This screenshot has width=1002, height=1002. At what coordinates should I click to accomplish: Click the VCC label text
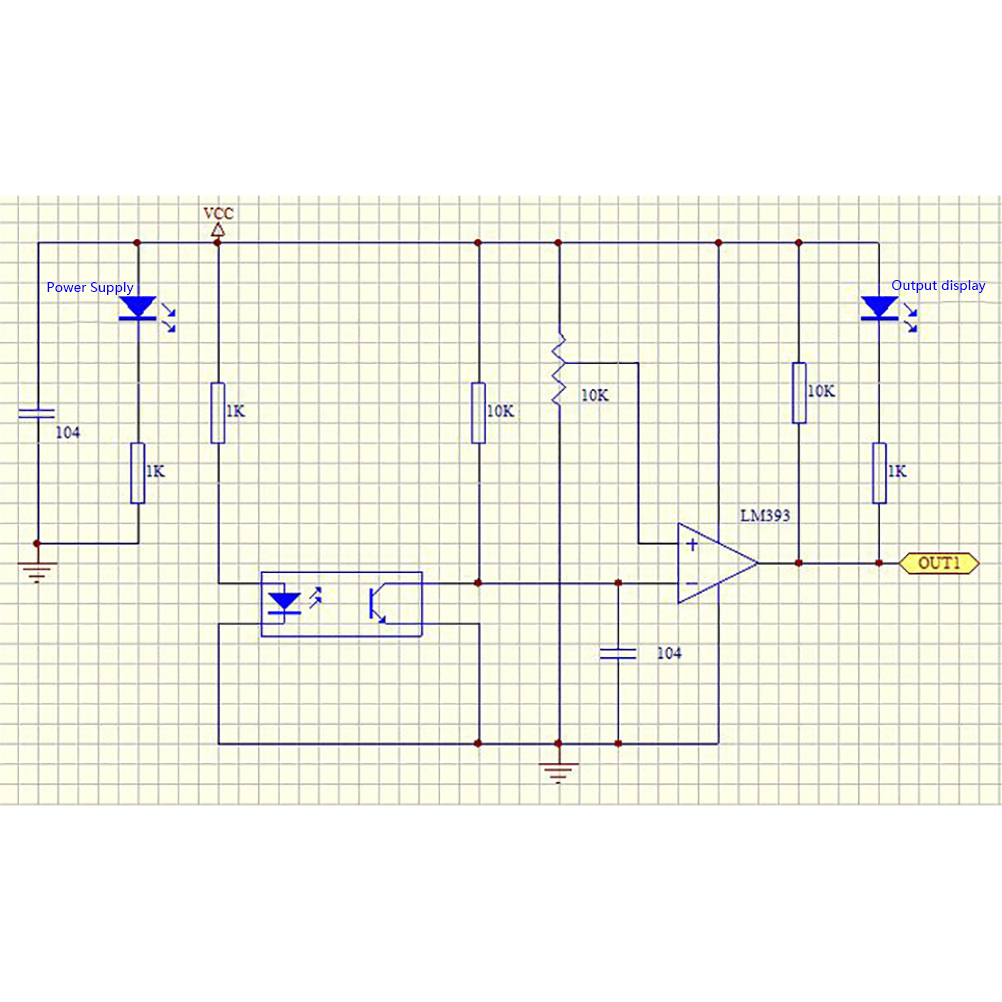(x=218, y=213)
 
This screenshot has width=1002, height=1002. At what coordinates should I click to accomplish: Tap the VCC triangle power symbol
(x=218, y=230)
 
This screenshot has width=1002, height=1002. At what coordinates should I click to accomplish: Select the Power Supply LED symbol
(x=137, y=307)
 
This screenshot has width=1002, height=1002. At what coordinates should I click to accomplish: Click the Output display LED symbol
(x=879, y=307)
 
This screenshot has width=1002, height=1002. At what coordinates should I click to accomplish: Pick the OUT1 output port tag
(x=939, y=563)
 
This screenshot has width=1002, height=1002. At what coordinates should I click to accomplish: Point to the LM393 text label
(x=765, y=516)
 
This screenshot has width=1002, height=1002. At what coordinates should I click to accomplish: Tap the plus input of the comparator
(x=691, y=545)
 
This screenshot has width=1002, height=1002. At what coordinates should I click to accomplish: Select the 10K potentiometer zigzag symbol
(x=558, y=370)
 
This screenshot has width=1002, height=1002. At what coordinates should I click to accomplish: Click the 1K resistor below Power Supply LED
(x=137, y=473)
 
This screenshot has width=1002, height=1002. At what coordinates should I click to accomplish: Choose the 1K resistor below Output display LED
(x=879, y=472)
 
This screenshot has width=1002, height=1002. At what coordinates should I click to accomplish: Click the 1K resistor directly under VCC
(x=218, y=412)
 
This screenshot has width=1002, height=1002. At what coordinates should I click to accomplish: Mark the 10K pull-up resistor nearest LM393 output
(x=799, y=392)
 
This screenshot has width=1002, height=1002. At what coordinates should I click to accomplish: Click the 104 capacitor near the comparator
(x=618, y=653)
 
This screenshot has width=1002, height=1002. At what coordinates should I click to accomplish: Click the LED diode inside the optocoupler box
(x=287, y=602)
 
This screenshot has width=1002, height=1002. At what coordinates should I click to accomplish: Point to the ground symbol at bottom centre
(x=558, y=771)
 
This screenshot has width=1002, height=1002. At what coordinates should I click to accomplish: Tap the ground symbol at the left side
(x=38, y=571)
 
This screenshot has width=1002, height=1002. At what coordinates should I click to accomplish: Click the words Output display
(x=938, y=285)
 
